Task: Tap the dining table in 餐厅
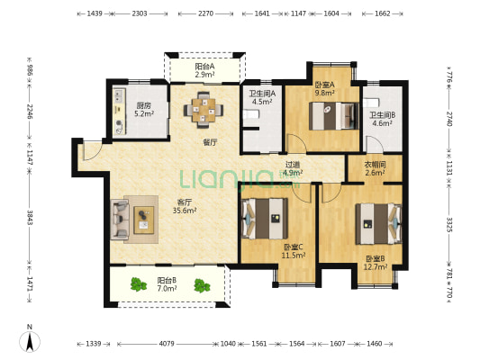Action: (204, 110)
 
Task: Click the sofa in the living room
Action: (120, 220)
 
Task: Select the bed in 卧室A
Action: (334, 116)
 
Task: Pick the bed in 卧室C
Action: (265, 219)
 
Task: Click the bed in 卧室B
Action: (378, 223)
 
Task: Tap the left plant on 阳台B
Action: (138, 284)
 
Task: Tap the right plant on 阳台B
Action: (202, 285)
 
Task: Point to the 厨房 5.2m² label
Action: (144, 110)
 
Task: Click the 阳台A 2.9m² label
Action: (204, 70)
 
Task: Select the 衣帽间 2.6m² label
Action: (375, 168)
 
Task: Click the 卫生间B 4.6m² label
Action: (383, 120)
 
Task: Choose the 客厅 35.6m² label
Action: (185, 206)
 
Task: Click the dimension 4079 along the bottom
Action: (167, 344)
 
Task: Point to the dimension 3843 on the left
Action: (30, 217)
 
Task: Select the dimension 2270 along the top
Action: (205, 13)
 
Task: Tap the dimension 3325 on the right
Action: (449, 225)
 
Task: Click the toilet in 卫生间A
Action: (251, 114)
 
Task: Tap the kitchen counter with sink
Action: (120, 112)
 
